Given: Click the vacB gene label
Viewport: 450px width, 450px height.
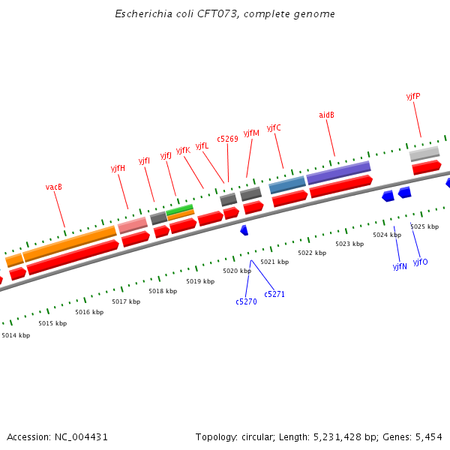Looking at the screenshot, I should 54,187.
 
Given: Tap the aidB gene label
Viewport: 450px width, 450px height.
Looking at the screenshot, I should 326,115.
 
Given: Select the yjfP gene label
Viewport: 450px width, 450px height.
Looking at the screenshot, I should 413,96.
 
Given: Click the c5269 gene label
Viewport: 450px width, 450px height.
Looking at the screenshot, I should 228,139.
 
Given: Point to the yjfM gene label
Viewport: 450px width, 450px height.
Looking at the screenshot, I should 251,133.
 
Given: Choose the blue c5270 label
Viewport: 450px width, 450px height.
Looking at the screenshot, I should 246,301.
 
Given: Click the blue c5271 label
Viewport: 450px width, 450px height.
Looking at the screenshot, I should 274,294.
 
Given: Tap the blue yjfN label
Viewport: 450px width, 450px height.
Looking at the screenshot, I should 400,266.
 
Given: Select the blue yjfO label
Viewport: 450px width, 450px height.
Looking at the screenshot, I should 420,262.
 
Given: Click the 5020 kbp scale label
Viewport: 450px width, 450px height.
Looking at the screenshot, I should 237,271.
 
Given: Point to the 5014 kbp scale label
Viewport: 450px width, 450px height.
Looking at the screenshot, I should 16,335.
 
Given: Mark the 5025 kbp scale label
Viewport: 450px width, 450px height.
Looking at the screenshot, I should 424,226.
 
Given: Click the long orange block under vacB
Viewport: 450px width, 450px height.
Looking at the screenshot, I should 70,243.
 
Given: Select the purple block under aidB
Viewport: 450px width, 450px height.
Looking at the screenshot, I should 338,172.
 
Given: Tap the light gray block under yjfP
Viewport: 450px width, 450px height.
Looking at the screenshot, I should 424,153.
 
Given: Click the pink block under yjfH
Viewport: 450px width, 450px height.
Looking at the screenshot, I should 133,224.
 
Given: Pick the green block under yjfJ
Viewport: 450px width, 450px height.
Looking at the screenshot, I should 180,209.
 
